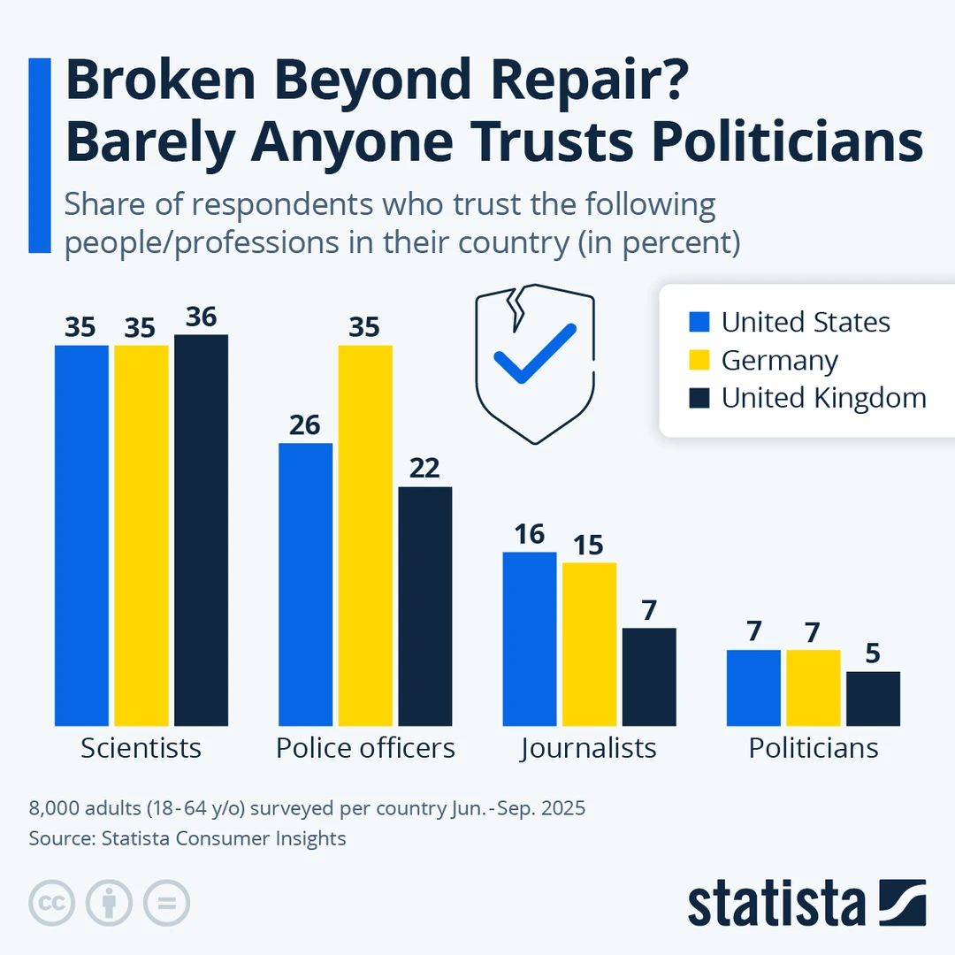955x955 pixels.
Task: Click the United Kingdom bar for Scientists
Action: pos(201,530)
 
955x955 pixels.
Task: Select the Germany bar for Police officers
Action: pos(365,535)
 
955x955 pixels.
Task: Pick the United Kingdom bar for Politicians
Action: pos(873,699)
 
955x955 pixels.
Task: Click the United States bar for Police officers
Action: pos(306,584)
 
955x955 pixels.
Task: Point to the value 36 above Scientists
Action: pos(202,317)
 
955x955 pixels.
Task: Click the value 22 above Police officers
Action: pos(424,469)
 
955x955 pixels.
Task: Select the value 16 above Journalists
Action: pos(530,534)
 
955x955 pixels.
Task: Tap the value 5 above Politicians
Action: pos(873,653)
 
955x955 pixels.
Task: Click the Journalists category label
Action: pos(589,748)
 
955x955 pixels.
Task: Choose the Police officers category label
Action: pos(365,748)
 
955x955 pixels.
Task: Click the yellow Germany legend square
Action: pos(699,360)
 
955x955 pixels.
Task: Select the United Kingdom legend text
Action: pos(823,398)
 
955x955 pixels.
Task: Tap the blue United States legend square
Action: pos(699,322)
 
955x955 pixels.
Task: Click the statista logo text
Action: pos(776,904)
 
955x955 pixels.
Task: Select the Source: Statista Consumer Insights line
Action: pos(187,838)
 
